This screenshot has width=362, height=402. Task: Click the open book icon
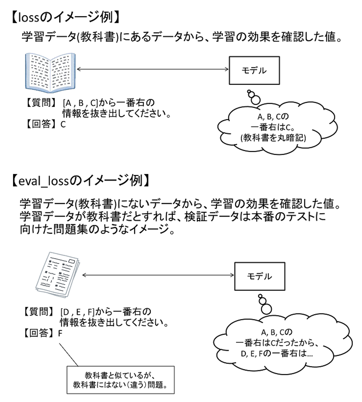(x=50, y=73)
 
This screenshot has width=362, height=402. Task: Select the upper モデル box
(x=254, y=71)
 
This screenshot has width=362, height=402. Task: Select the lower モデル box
(x=260, y=276)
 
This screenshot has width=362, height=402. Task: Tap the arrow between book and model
(x=152, y=69)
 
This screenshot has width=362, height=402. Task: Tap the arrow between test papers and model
(x=158, y=275)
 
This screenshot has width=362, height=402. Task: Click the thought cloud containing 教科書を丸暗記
(x=277, y=127)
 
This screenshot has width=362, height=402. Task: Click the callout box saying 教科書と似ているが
(x=120, y=380)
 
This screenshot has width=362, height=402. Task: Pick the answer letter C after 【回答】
(x=63, y=125)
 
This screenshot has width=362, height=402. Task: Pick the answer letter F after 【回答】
(x=60, y=334)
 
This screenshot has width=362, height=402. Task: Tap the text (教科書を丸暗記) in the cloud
(x=273, y=138)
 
